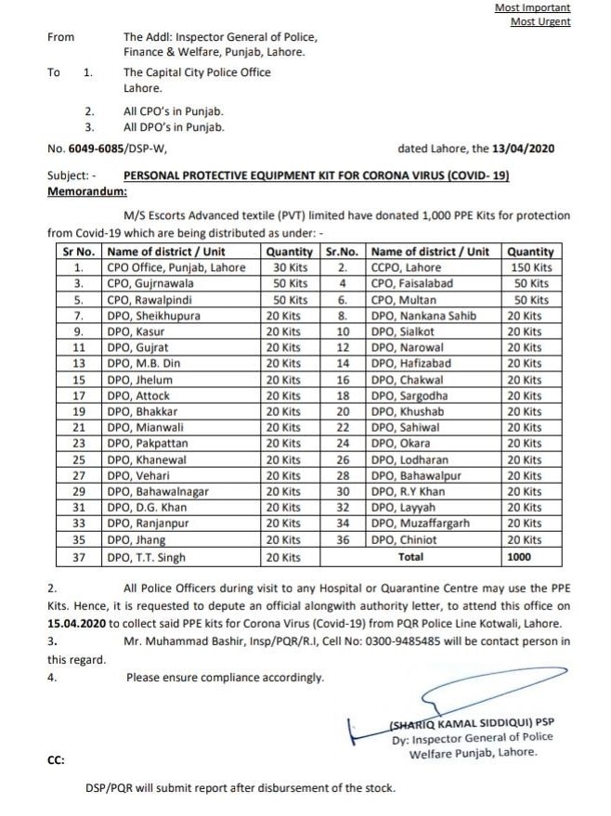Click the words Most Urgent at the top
point(540,21)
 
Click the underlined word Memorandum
point(86,189)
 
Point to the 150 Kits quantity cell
point(530,267)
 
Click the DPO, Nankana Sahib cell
point(422,316)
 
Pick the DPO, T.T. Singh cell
point(147,557)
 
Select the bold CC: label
point(55,759)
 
